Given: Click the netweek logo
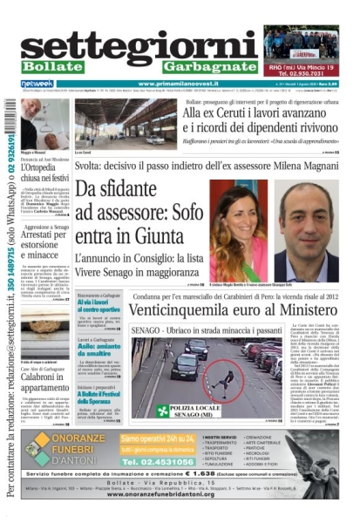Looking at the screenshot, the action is [x=37, y=84].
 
